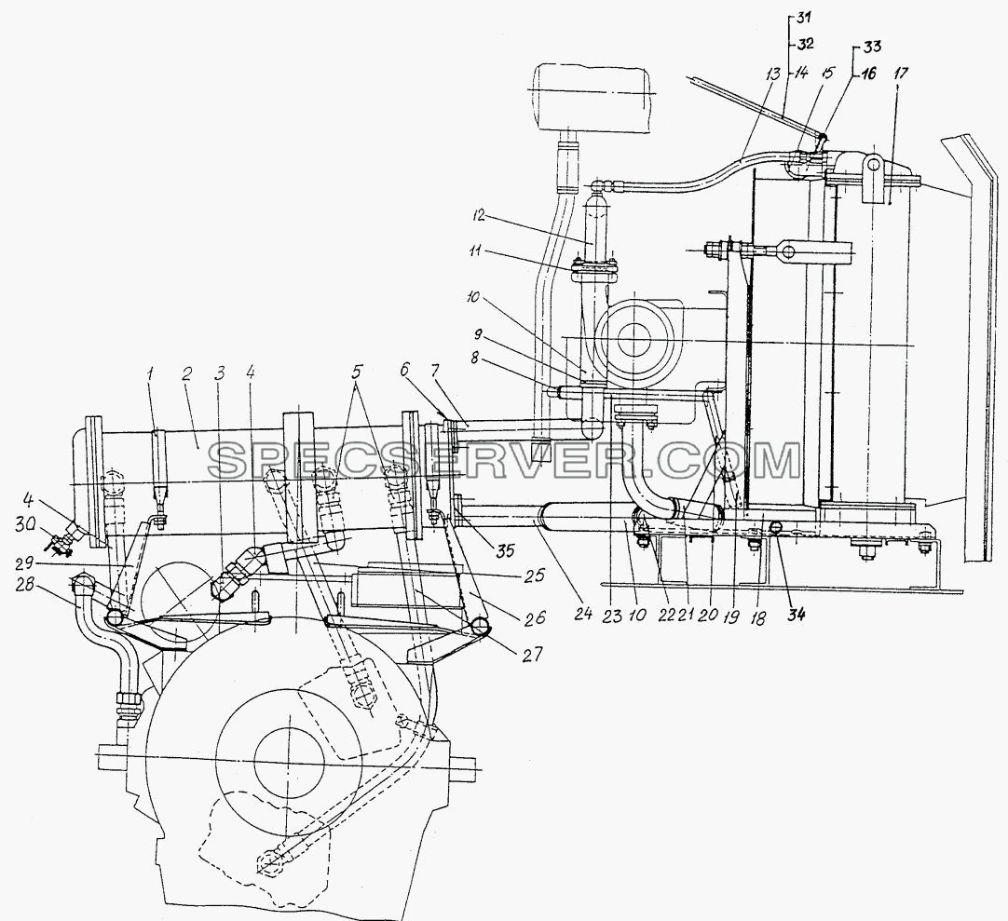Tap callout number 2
coord(187,374)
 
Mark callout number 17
coord(901,74)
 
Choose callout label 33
coord(872,47)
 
